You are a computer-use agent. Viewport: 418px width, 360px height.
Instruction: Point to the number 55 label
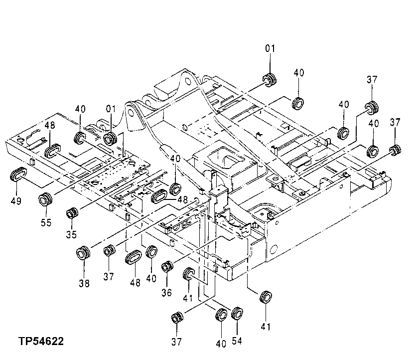pyautogui.click(x=46, y=222)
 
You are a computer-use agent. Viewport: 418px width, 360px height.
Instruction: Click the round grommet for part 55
pyautogui.click(x=46, y=199)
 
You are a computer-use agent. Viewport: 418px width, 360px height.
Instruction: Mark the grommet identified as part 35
pyautogui.click(x=72, y=212)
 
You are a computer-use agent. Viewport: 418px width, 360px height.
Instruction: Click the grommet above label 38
pyautogui.click(x=83, y=253)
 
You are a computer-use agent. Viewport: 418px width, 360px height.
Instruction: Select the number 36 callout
pyautogui.click(x=166, y=293)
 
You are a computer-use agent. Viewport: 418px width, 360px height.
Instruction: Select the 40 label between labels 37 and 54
pyautogui.click(x=221, y=344)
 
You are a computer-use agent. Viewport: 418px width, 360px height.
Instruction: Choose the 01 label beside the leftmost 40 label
pyautogui.click(x=110, y=108)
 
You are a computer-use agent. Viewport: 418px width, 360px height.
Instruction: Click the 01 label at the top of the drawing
pyautogui.click(x=270, y=48)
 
